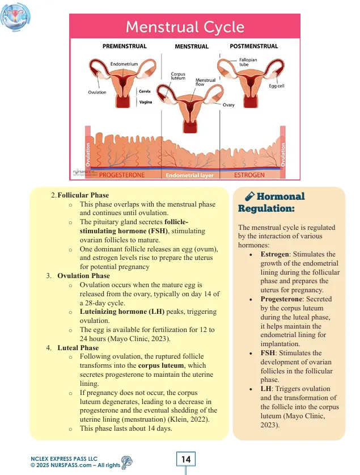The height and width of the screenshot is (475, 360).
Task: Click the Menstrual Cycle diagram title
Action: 185,27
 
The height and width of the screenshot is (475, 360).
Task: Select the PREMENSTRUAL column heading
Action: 124,46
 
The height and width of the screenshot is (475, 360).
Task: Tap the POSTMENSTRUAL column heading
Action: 253,46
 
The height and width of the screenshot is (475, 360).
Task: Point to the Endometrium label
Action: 124,64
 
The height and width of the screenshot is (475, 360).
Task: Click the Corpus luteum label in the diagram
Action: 178,77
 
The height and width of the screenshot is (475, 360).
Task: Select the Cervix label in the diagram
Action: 145,91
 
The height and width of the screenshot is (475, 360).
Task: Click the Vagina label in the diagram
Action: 146,102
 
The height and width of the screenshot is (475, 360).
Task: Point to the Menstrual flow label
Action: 205,84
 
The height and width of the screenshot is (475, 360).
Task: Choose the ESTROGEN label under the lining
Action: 249,175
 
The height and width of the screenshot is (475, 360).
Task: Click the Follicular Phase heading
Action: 83,196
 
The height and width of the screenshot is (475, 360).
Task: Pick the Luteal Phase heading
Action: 78,348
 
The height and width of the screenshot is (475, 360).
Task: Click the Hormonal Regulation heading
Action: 272,202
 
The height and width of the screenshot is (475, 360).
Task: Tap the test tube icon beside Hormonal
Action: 248,196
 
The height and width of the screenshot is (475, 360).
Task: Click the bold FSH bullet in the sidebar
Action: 268,353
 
